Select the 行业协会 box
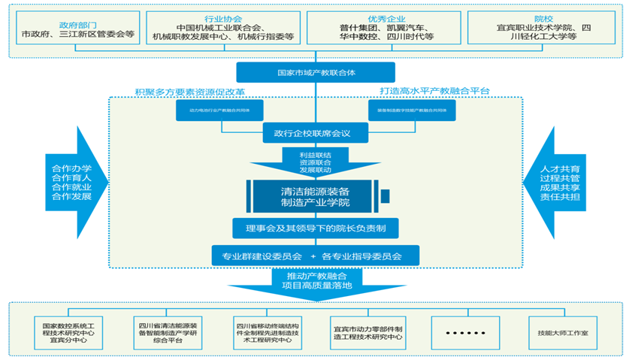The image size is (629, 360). [x=222, y=28]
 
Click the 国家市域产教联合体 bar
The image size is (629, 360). [x=316, y=73]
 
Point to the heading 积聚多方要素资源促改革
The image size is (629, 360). [x=190, y=92]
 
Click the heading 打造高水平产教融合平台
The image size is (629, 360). [x=434, y=92]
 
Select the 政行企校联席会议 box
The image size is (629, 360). [x=316, y=134]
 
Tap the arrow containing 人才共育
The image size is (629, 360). [x=560, y=180]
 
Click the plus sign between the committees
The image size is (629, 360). [x=312, y=257]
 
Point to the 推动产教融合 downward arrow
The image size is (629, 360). [x=316, y=284]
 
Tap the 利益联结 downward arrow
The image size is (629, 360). [x=316, y=161]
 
